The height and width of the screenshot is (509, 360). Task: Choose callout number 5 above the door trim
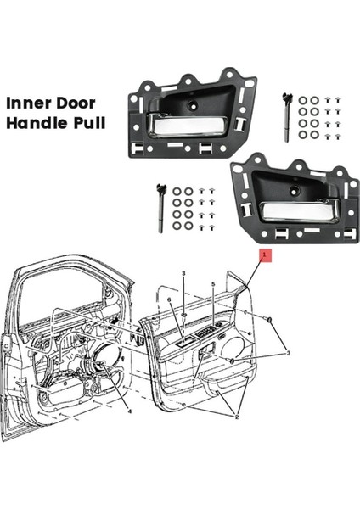[212, 285]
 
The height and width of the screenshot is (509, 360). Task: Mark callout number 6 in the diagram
[169, 300]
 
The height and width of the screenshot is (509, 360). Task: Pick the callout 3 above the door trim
[183, 273]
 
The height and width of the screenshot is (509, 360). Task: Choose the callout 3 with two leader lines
[288, 353]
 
